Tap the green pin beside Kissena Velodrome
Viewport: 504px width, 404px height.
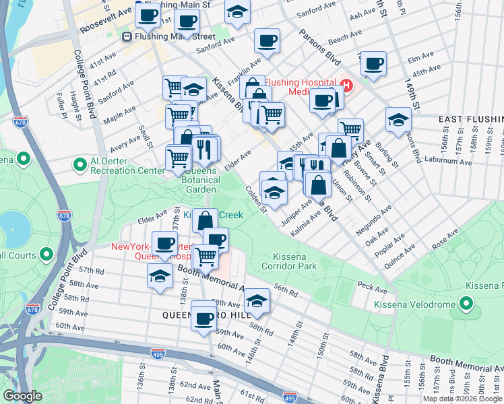(467, 304)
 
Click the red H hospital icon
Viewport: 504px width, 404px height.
(346, 86)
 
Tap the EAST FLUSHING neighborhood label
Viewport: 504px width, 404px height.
(470, 119)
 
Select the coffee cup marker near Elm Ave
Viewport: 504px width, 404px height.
(373, 64)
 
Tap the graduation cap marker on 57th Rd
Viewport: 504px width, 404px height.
(160, 275)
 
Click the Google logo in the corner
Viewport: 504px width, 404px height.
(22, 396)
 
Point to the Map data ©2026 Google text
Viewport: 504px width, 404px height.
(462, 399)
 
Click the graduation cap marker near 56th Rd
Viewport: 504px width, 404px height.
(257, 301)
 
